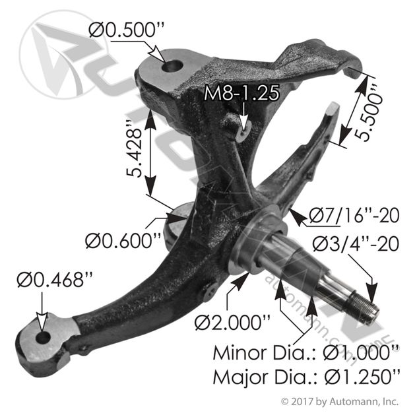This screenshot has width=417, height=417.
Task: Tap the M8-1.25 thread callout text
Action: coord(241,93)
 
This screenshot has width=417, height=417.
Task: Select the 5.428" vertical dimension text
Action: coord(134,149)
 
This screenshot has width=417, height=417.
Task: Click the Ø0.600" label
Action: coord(123,241)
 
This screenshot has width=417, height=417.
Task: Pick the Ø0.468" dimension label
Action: coord(55,280)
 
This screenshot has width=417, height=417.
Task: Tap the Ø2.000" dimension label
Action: coord(232,323)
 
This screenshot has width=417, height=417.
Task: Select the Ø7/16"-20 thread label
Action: coord(354,215)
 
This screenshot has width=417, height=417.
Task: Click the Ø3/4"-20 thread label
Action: coord(356,243)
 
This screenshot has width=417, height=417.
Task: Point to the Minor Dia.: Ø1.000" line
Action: coord(306,353)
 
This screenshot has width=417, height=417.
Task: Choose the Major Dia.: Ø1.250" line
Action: coord(306,377)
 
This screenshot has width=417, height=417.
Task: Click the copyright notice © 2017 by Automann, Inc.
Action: coord(340,402)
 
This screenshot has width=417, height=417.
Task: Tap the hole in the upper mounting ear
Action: coord(172,66)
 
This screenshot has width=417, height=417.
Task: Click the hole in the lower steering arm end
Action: coord(44,338)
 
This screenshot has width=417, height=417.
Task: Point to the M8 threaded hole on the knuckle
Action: coord(243,131)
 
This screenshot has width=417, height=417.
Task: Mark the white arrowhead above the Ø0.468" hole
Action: coord(42,323)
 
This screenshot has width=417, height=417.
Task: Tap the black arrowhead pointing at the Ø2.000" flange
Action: coord(241,279)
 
